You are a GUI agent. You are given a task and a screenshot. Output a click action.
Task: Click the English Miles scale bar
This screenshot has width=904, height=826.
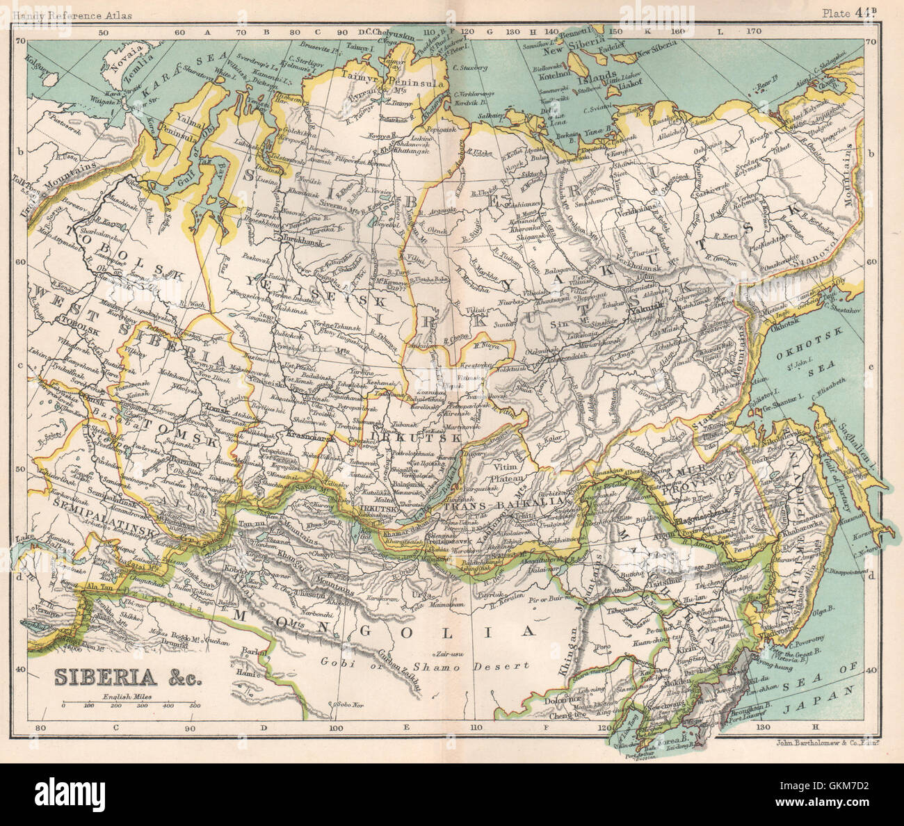point(128,704)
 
